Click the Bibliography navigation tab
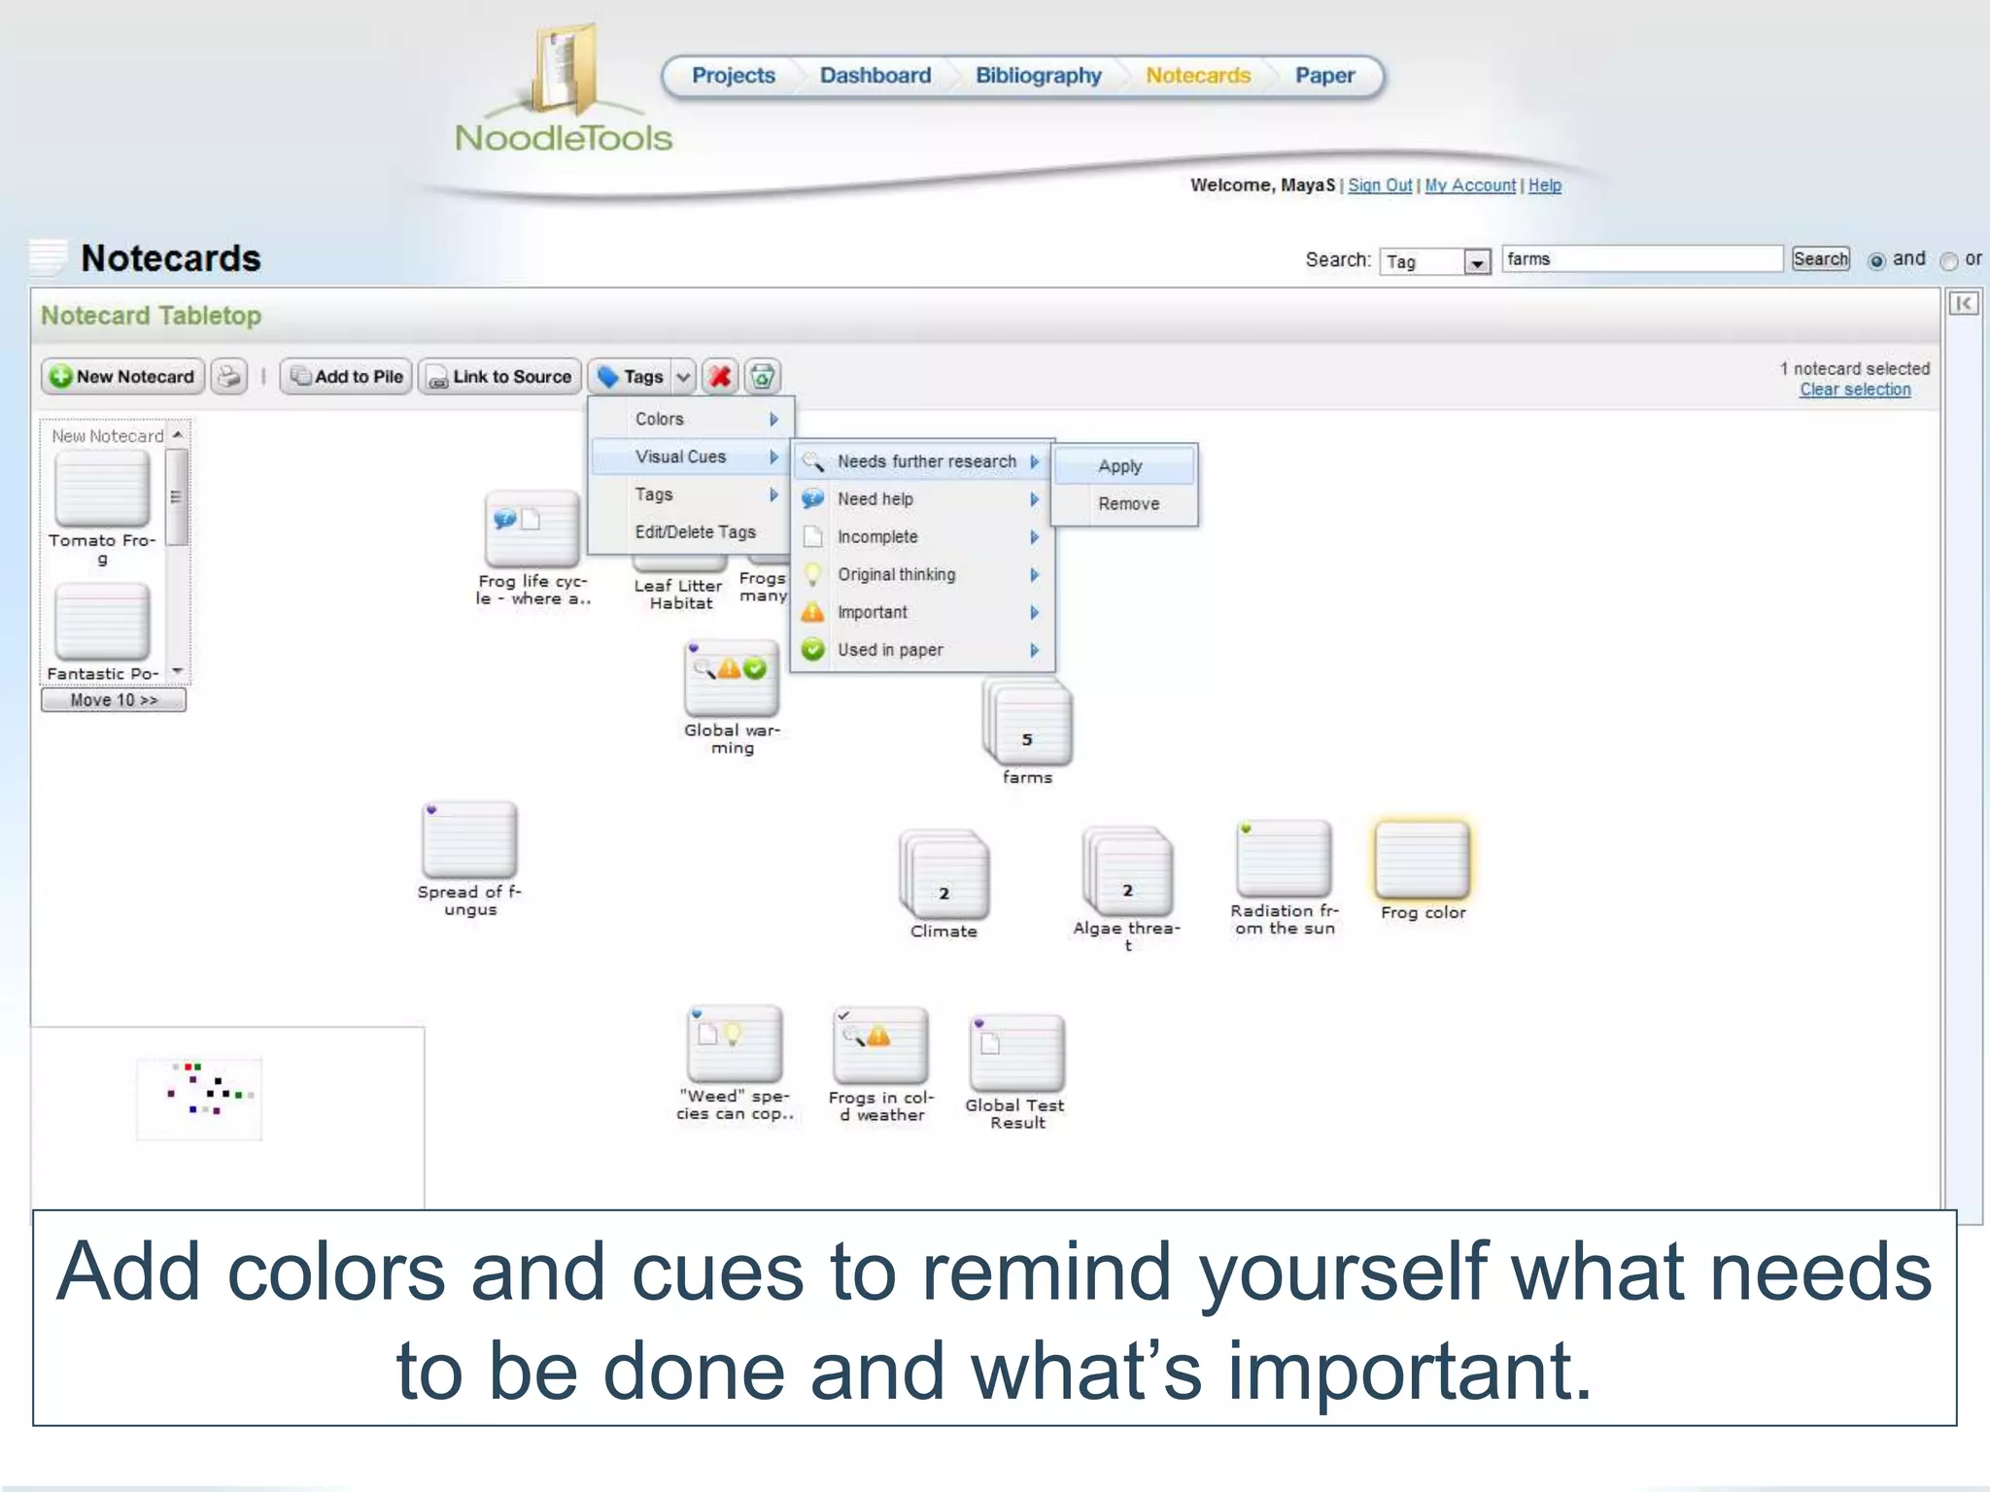tap(1038, 76)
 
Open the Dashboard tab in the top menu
tap(875, 76)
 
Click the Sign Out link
tap(1379, 186)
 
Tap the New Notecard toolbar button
tap(122, 377)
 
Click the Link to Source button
tap(500, 377)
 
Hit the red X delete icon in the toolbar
tap(720, 377)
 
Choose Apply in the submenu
tap(1120, 466)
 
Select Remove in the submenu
tap(1128, 504)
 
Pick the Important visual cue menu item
tap(872, 613)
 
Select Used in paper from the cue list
tap(889, 651)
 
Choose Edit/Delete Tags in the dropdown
tap(695, 532)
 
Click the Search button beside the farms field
tap(1820, 259)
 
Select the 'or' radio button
tap(1948, 261)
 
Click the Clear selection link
tap(1854, 390)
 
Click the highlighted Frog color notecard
tap(1422, 861)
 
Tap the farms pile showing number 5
tap(1028, 725)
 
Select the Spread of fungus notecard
tap(469, 841)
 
